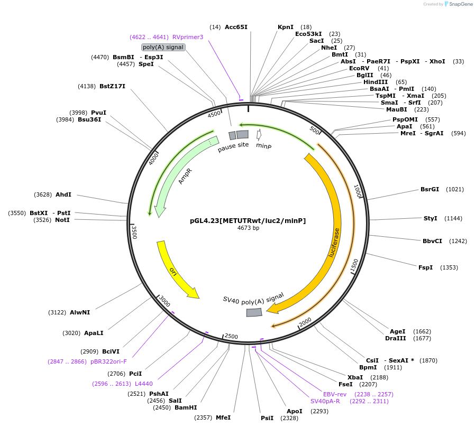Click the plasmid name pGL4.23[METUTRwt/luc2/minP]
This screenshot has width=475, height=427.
[248, 221]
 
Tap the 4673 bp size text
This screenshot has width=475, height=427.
[248, 228]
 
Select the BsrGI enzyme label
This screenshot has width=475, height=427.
[430, 189]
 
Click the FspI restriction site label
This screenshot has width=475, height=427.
[425, 267]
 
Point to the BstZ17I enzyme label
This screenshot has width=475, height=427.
[112, 86]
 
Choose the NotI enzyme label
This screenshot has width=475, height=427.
[62, 220]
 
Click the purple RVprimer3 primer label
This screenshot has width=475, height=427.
[188, 37]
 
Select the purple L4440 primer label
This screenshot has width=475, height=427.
[144, 384]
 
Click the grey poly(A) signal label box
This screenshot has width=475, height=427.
[163, 47]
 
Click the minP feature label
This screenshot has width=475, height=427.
[263, 145]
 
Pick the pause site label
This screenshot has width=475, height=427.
[233, 147]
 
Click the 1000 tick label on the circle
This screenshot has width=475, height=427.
[358, 191]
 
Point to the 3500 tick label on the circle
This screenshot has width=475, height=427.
[134, 232]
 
